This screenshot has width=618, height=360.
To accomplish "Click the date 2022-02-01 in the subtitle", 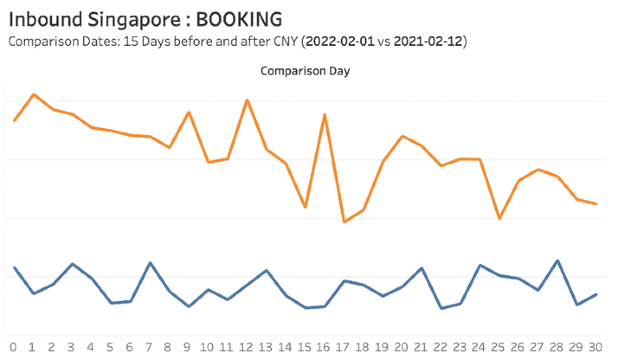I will pos(348,41).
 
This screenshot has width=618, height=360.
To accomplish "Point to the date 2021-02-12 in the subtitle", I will pos(430,41).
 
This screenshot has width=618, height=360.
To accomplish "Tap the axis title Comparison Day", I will pos(305,71).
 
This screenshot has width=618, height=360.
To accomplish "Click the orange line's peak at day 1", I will pos(34,94).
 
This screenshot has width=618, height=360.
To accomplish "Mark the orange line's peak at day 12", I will pos(247,100).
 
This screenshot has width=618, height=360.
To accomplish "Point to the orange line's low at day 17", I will pos(343,221).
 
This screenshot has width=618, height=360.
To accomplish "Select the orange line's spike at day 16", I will pos(325,115).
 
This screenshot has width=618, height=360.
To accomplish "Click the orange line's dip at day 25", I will pos(500,218).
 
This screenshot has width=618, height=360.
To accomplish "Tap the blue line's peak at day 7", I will pos(150,263).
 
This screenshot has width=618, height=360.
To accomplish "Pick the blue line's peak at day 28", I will pos(558,260).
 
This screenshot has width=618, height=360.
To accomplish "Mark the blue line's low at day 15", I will pos(305,308).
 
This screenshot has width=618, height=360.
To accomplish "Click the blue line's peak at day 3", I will pos(72,264).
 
